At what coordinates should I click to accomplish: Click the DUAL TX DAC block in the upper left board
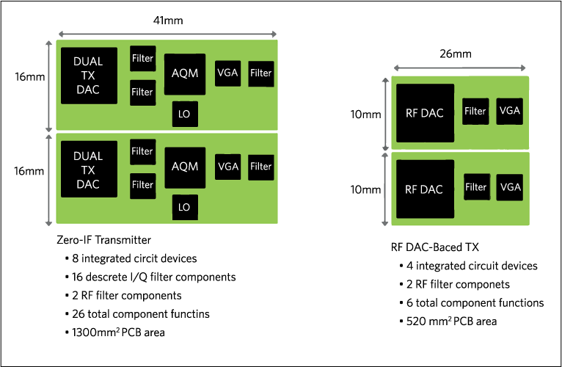(89, 76)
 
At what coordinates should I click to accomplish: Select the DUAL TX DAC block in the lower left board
(89, 169)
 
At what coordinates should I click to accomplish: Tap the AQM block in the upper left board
(185, 73)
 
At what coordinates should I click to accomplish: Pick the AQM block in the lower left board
(185, 167)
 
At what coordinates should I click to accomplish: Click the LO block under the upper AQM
(184, 114)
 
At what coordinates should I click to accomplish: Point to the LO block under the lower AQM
(184, 207)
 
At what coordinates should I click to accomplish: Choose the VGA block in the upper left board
(228, 73)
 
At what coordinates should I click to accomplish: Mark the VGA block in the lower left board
(228, 167)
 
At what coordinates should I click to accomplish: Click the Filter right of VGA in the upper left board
(261, 73)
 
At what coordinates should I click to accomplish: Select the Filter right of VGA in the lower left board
(261, 167)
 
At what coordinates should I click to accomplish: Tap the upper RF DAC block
(425, 113)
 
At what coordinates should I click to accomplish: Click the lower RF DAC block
(425, 189)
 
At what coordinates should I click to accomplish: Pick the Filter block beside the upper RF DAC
(475, 111)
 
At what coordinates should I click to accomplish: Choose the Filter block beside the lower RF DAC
(476, 187)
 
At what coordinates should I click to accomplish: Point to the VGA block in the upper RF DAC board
(510, 111)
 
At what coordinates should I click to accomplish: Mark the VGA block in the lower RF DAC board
(510, 187)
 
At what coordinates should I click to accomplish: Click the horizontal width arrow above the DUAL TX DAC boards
(167, 34)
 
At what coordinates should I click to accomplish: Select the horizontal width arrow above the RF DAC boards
(460, 68)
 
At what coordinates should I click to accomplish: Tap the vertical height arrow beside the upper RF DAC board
(386, 113)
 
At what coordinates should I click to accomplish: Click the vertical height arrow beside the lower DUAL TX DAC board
(49, 178)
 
